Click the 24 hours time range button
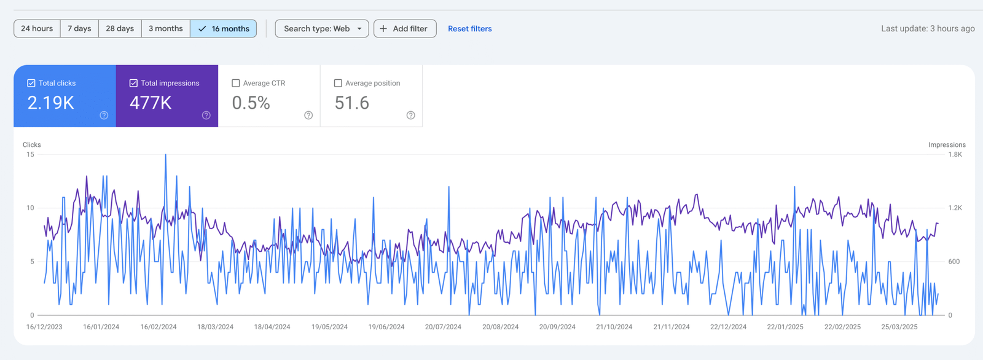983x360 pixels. coord(37,29)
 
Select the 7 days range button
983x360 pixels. coord(79,29)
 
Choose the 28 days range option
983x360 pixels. coord(120,29)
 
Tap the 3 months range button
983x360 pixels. coord(166,29)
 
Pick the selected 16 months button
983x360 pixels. coord(224,29)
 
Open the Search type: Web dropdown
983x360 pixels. coord(322,29)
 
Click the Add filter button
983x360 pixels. coord(405,29)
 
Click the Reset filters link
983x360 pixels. coord(469,29)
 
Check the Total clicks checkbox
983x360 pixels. coord(31,83)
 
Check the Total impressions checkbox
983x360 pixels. coord(133,83)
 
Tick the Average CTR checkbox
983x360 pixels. coord(236,83)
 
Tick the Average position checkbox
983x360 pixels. coord(338,83)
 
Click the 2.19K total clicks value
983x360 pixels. coord(51,103)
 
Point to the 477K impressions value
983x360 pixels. coord(151,103)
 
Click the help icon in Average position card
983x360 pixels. coord(411,115)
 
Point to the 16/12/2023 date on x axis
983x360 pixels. coord(44,327)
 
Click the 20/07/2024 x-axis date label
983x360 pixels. coord(443,327)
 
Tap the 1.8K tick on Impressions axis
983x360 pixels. coord(955,155)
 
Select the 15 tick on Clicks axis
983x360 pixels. coord(30,155)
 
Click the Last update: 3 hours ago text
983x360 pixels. coord(928,29)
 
